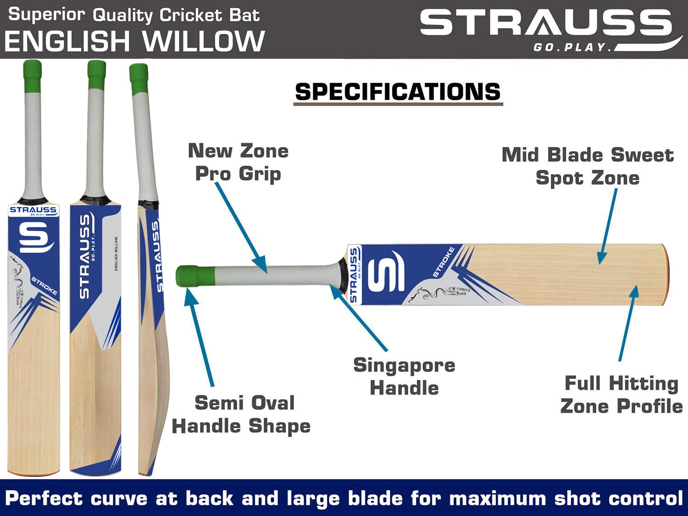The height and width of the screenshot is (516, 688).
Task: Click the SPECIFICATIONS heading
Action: [x=398, y=92]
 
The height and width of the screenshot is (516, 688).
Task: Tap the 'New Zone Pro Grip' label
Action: [x=238, y=162]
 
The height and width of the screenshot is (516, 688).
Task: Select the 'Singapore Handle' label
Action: [x=404, y=376]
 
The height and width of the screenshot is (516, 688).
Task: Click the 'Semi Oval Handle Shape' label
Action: [x=241, y=414]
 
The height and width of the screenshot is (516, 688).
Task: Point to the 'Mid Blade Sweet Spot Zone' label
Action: [x=588, y=166]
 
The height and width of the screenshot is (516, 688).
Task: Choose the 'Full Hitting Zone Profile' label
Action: [x=621, y=394]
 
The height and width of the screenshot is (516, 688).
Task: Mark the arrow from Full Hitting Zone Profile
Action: [x=627, y=323]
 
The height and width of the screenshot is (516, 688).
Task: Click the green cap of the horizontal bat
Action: [x=195, y=276]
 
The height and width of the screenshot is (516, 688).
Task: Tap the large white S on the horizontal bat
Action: [x=386, y=271]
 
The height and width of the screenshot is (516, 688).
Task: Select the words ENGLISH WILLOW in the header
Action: [x=134, y=41]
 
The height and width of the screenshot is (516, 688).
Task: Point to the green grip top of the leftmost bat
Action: [x=33, y=75]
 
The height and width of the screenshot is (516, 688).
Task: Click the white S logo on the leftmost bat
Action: [x=33, y=237]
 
